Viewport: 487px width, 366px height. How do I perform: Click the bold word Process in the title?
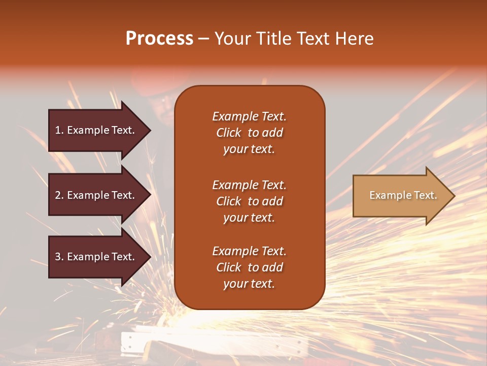click(x=159, y=39)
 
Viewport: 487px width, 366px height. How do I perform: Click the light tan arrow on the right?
click(x=401, y=196)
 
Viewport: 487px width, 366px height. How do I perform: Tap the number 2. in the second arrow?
click(x=59, y=195)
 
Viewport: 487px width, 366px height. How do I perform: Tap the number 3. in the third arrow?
click(x=59, y=257)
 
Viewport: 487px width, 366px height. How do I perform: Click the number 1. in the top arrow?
click(x=59, y=130)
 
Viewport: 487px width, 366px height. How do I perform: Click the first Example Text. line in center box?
click(x=249, y=116)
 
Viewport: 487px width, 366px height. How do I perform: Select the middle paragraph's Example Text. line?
click(x=249, y=185)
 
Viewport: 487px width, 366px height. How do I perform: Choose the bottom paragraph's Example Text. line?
click(x=249, y=251)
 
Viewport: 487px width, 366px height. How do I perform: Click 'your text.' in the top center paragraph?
click(x=249, y=149)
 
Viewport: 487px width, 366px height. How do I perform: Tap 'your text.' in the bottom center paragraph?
click(x=249, y=284)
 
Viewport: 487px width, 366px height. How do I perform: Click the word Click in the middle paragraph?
click(x=228, y=201)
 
